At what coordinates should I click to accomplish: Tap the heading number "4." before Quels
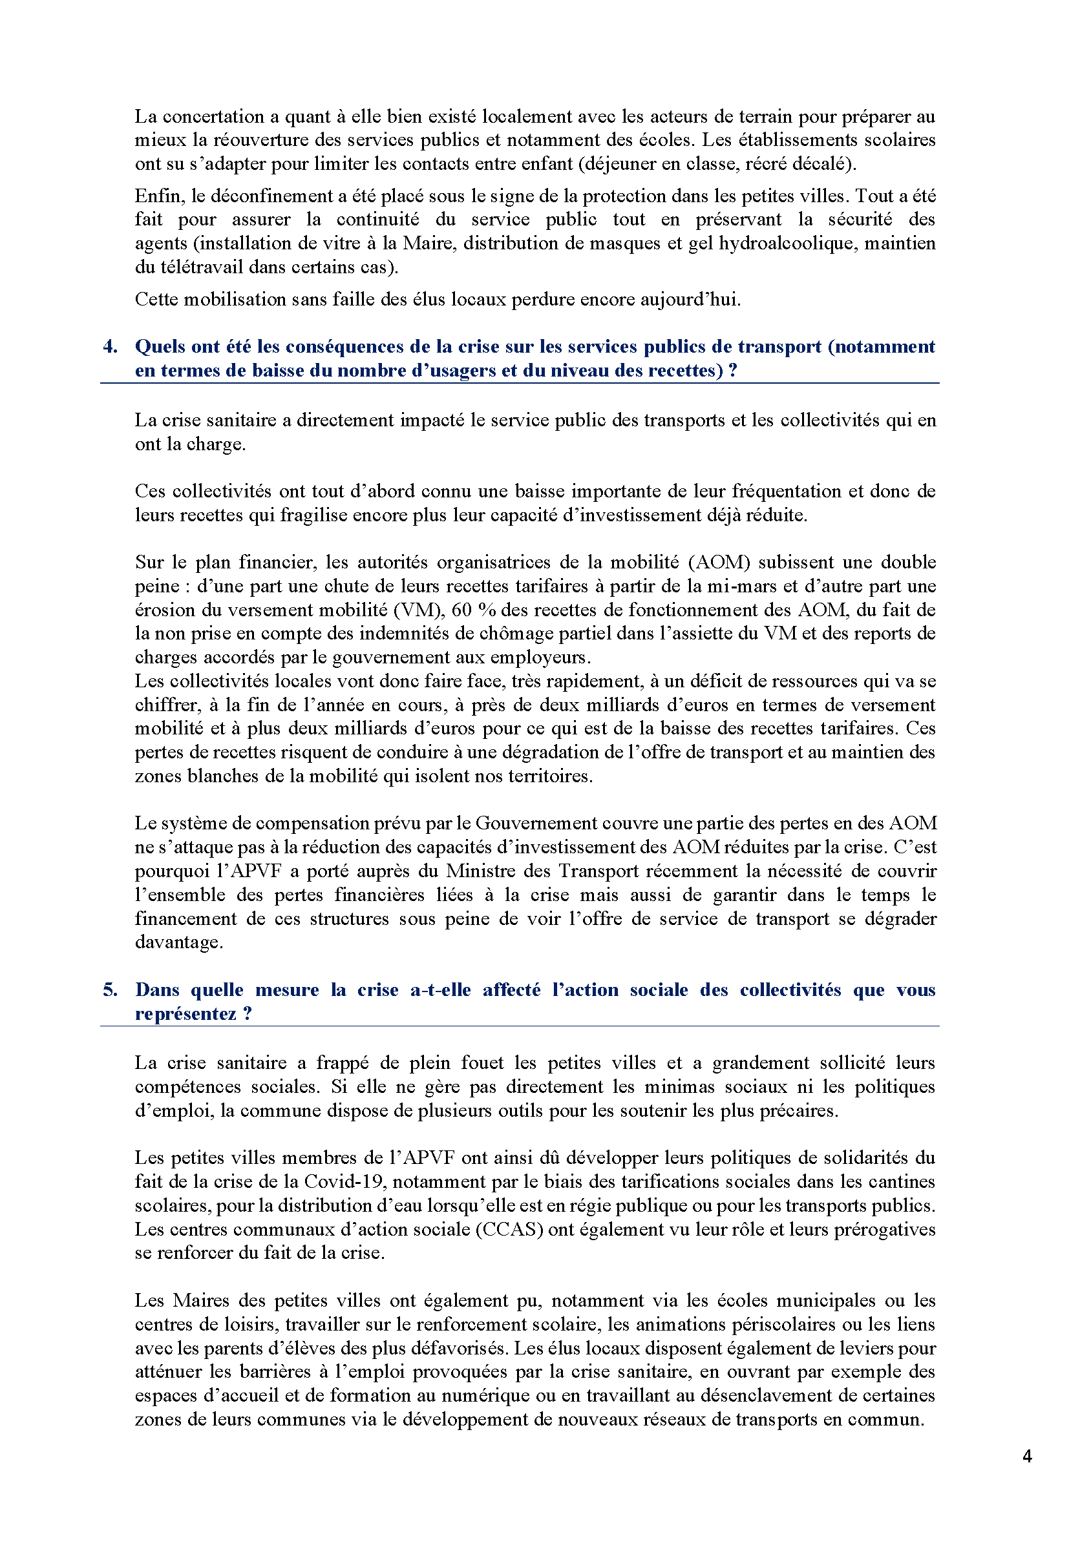[x=111, y=347]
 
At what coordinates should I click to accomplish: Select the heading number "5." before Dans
[x=111, y=990]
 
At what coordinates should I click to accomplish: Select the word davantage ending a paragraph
[x=178, y=942]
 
